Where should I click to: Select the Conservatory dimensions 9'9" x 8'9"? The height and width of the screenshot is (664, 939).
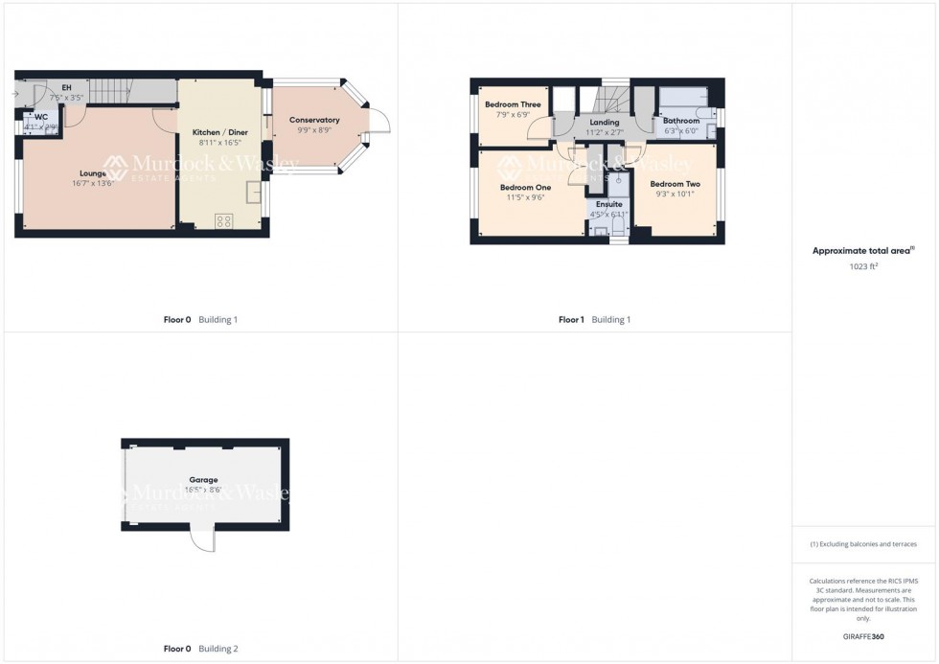coord(315,130)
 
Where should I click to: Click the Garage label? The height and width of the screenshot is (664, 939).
coord(203,480)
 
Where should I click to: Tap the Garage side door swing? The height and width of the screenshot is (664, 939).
coord(202,540)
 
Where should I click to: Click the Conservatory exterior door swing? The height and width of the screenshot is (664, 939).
coord(380,123)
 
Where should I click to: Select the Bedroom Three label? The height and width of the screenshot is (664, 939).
coord(513,104)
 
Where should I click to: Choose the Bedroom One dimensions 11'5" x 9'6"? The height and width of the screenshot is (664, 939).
coord(525,197)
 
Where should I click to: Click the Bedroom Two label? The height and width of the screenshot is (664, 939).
coord(675,184)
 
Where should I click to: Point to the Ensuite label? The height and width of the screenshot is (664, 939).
coord(609,204)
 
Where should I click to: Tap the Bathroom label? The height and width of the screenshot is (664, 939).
coord(681,122)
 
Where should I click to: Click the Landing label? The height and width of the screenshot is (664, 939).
coord(605,123)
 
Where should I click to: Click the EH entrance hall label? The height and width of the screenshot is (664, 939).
coord(66,87)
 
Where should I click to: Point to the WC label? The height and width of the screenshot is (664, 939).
coord(41,117)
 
